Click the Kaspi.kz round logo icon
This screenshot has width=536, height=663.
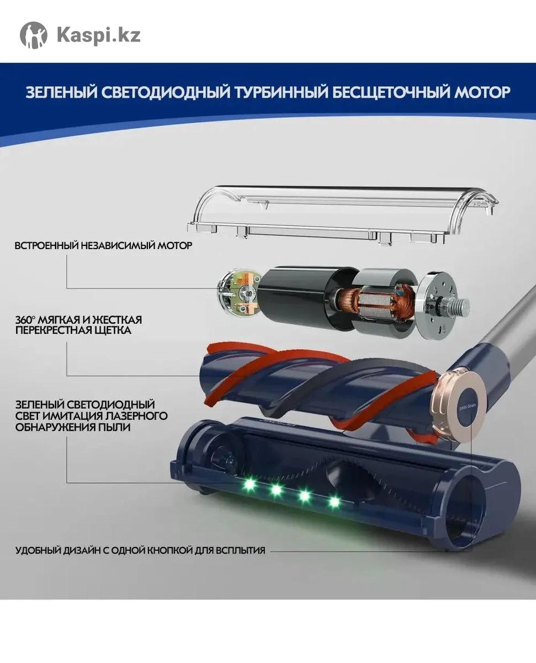click(x=34, y=35)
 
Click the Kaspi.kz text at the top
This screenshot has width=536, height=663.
click(x=99, y=35)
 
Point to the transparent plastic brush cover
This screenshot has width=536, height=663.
click(x=342, y=214)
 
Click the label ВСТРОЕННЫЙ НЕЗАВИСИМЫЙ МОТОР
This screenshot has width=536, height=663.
click(x=103, y=246)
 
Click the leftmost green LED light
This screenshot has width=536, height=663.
click(x=249, y=485)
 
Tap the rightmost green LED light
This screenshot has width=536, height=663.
click(x=334, y=502)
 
